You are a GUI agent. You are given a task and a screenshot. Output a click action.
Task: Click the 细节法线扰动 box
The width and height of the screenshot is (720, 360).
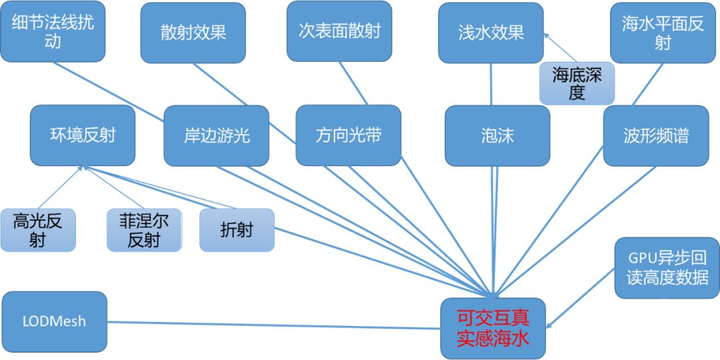click(x=53, y=31)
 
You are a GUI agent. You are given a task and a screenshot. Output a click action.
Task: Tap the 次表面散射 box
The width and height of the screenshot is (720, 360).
click(x=339, y=31)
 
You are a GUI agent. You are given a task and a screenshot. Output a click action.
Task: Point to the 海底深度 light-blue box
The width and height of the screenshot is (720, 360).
click(x=577, y=83)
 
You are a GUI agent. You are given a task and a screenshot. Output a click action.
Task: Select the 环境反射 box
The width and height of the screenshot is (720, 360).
click(x=83, y=135)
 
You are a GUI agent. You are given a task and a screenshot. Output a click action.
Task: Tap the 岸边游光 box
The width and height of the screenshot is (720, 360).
click(x=216, y=136)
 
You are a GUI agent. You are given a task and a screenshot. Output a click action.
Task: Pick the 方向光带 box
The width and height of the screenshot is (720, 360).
click(x=348, y=136)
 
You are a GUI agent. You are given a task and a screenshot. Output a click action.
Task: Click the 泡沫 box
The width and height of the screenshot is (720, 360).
click(x=497, y=136)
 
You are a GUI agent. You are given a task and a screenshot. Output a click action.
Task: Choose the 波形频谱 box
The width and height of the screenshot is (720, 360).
click(x=656, y=136)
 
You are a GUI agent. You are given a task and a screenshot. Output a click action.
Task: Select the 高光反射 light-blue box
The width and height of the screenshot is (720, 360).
click(x=37, y=230)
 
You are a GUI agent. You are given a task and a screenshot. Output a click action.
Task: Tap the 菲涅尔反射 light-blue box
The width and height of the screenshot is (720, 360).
click(x=144, y=230)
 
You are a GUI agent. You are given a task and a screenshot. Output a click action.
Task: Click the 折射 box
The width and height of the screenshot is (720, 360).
click(x=237, y=230)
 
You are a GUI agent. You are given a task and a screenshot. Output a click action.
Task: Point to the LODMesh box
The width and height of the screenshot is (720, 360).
click(x=54, y=321)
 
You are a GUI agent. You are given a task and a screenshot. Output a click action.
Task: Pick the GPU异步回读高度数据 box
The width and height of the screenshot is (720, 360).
click(x=667, y=268)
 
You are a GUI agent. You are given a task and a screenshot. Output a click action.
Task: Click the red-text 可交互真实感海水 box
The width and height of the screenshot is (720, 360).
click(x=493, y=329)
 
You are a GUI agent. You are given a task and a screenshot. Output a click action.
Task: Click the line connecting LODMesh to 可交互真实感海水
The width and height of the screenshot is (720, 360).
click(x=273, y=324)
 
